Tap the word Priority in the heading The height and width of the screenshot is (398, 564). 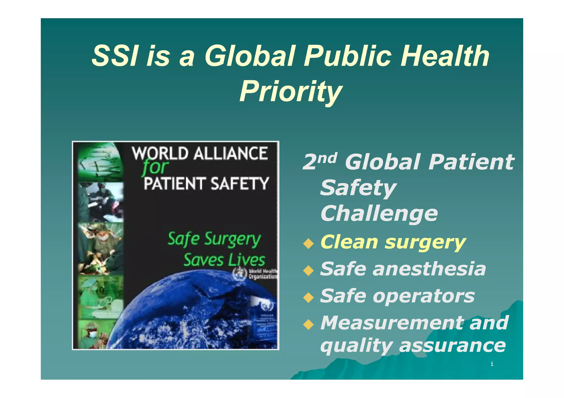(x=291, y=92)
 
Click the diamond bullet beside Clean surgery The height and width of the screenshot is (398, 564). (x=308, y=244)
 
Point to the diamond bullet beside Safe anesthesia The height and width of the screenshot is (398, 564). (x=308, y=270)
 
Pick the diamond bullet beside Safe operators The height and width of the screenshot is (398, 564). (x=308, y=297)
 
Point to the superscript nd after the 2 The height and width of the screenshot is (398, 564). (x=327, y=158)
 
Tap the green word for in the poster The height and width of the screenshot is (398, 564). (x=155, y=168)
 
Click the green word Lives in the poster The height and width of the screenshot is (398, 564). (x=247, y=260)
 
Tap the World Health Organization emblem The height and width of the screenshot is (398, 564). (x=240, y=274)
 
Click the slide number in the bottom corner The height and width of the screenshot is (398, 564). (x=492, y=364)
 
